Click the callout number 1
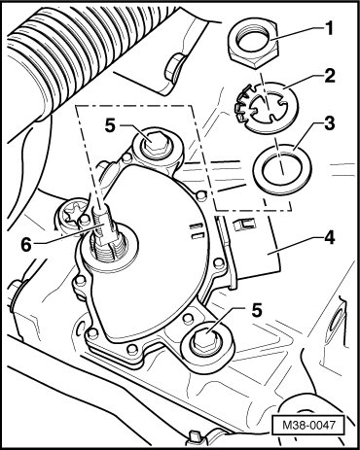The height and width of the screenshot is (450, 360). [x=329, y=28]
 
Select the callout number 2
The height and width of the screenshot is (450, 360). [x=330, y=77]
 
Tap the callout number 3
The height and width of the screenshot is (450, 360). [x=330, y=123]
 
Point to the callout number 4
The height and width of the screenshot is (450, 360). [x=329, y=239]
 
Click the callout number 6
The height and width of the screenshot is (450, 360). [x=26, y=245]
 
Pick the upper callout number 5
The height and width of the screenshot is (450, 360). [x=110, y=126]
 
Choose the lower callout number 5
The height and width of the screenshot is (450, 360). [x=256, y=311]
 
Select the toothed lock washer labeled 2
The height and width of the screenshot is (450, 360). [x=267, y=108]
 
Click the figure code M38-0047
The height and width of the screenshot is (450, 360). [x=307, y=425]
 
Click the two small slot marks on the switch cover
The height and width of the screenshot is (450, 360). [x=196, y=230]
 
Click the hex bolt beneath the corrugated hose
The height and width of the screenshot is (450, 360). [x=174, y=69]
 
